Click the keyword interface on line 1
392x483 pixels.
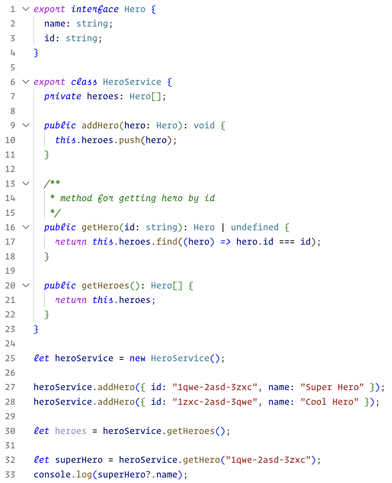[95, 9]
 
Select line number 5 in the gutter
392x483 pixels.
[13, 68]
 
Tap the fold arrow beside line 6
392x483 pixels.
[26, 82]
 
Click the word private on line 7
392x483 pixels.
[63, 96]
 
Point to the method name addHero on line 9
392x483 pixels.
[100, 126]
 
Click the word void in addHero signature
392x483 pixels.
[204, 126]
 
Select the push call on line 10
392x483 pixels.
[130, 140]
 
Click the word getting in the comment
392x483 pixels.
[137, 198]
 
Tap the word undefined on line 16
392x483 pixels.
[255, 227]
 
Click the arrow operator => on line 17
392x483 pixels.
[225, 242]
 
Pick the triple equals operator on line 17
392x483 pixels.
[287, 242]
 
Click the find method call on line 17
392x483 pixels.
[167, 242]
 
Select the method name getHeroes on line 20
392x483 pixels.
[105, 286]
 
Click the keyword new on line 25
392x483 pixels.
[137, 358]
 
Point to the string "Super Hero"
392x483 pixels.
[332, 387]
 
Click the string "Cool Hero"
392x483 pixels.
[329, 402]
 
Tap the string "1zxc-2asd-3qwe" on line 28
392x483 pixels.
[215, 402]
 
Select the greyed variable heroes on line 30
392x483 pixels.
[71, 431]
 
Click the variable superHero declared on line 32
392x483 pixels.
[79, 460]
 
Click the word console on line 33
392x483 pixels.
[52, 475]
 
